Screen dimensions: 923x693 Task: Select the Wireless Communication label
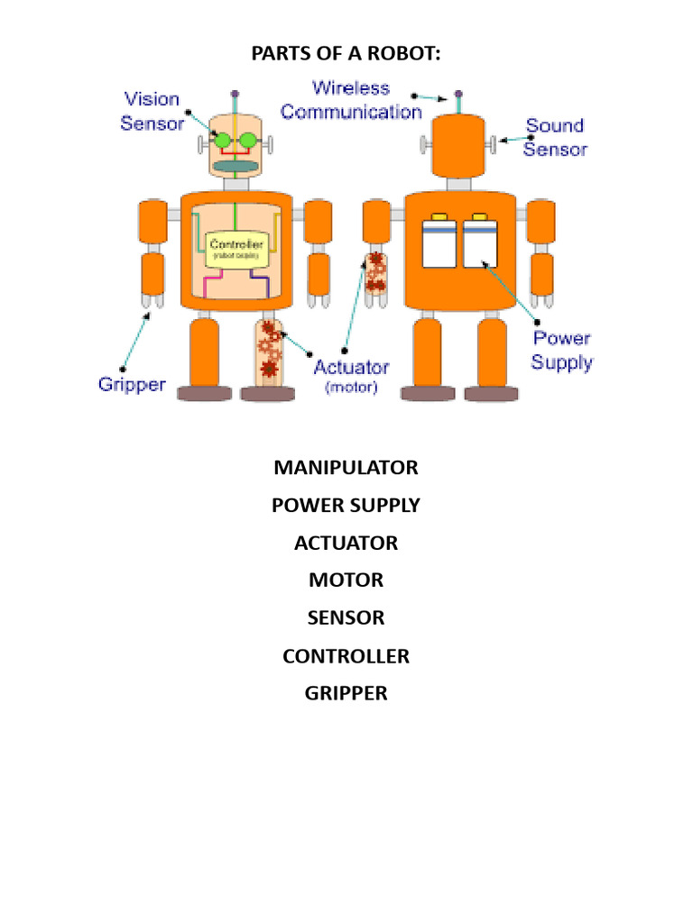point(351,100)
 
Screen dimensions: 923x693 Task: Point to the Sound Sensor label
point(555,137)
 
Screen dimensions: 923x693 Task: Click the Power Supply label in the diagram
point(561,351)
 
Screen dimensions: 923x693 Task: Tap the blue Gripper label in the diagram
point(132,385)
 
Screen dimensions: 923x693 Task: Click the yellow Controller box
point(236,249)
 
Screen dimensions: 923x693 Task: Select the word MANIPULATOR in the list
point(346,468)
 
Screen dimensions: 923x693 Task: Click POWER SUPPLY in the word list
point(346,506)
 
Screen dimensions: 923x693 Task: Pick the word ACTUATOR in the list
point(346,544)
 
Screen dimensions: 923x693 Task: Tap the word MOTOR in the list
point(346,580)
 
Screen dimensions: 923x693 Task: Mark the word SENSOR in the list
point(346,618)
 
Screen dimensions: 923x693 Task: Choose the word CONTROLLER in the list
point(346,656)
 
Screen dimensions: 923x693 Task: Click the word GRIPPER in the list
point(346,694)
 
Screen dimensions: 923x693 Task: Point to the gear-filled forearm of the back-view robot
point(375,273)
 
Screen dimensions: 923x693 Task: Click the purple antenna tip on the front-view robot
point(235,93)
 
